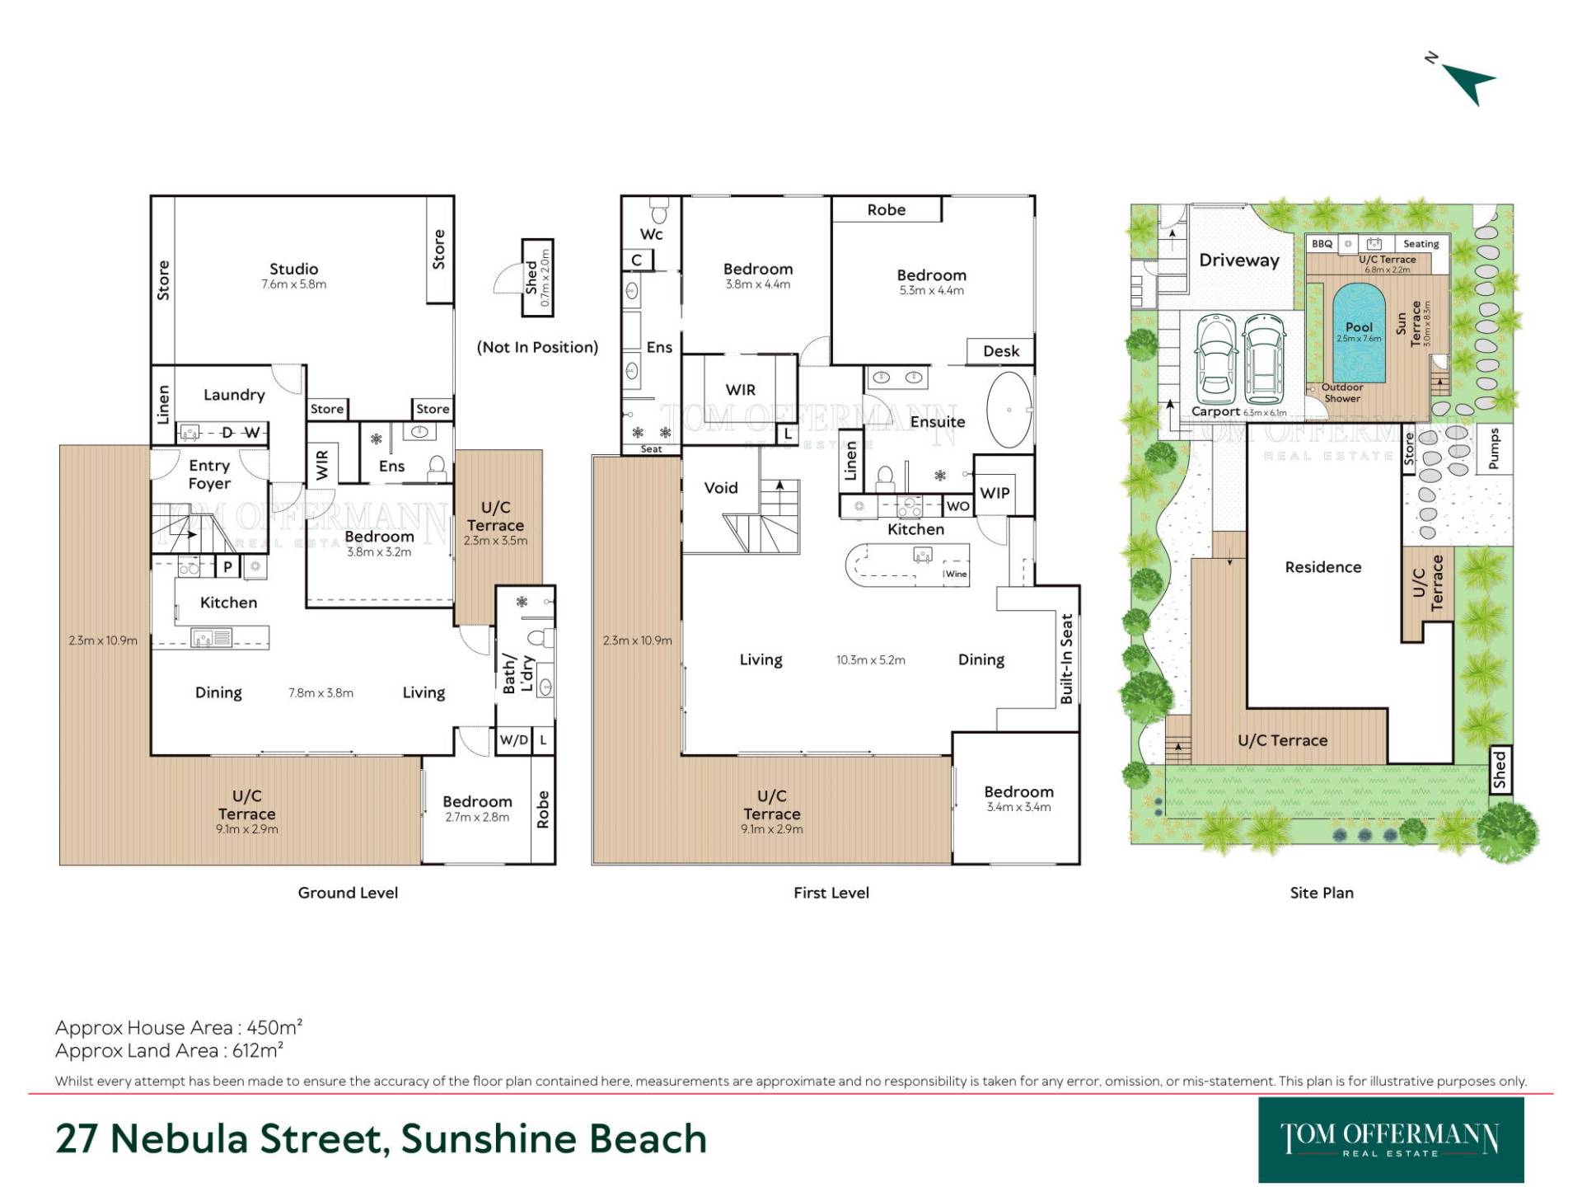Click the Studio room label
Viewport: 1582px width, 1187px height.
tap(293, 269)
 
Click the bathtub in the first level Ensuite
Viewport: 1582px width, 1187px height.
tap(1009, 410)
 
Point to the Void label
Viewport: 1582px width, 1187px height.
tap(721, 488)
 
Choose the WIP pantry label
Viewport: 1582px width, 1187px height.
tap(995, 493)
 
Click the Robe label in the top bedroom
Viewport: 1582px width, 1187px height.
tap(887, 210)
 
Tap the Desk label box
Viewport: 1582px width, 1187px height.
tap(1001, 351)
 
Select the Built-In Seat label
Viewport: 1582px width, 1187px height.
tap(1067, 659)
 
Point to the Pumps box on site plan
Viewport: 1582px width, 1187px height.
tap(1494, 448)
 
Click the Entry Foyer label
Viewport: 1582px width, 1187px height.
tap(209, 475)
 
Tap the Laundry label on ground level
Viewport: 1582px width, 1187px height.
tap(234, 395)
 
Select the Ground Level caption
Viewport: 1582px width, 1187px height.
tap(348, 893)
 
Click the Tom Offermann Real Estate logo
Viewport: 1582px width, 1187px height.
tap(1391, 1140)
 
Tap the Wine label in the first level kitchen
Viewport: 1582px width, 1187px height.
tap(956, 575)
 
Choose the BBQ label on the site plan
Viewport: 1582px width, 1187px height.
tap(1322, 244)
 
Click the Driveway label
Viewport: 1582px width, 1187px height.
tap(1239, 260)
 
